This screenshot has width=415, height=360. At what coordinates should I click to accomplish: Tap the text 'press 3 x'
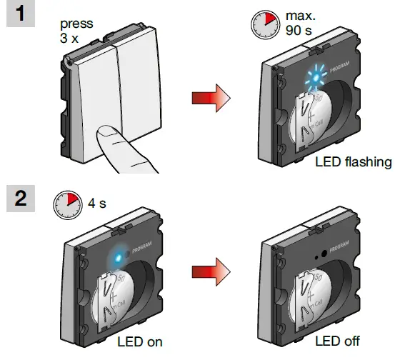click(74, 29)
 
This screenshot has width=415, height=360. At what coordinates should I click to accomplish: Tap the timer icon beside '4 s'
click(66, 204)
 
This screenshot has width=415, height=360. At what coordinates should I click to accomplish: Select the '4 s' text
click(96, 204)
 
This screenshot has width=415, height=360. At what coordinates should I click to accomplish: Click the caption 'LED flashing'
click(353, 162)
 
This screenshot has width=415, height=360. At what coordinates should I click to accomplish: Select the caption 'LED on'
click(139, 341)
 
